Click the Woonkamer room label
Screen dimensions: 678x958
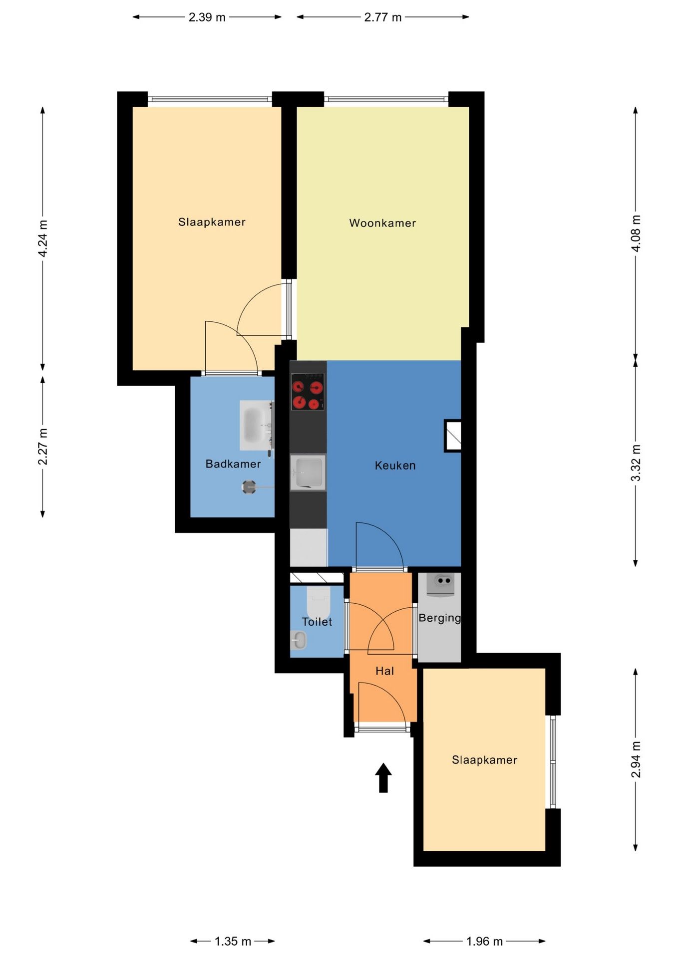click(382, 223)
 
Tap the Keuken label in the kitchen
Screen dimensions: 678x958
click(395, 466)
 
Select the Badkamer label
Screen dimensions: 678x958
click(233, 464)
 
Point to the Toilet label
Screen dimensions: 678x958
click(317, 622)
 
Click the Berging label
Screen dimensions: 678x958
click(439, 618)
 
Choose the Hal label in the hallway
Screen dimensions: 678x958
click(384, 671)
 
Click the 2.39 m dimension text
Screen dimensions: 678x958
click(207, 17)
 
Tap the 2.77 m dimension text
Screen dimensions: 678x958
click(383, 17)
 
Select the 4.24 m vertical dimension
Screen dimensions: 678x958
click(43, 239)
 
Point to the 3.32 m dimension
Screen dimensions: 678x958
click(636, 463)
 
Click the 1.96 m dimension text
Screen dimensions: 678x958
click(484, 942)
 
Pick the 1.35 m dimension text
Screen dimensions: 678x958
click(233, 942)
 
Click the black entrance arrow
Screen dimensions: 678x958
click(383, 777)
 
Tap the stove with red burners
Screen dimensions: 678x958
click(308, 392)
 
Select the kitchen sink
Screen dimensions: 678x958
click(308, 472)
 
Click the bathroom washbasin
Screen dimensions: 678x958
click(256, 425)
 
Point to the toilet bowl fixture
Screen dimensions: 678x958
click(318, 603)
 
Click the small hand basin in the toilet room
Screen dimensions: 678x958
click(299, 640)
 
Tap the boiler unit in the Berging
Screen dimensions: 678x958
click(440, 584)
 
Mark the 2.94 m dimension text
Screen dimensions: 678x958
click(636, 759)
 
